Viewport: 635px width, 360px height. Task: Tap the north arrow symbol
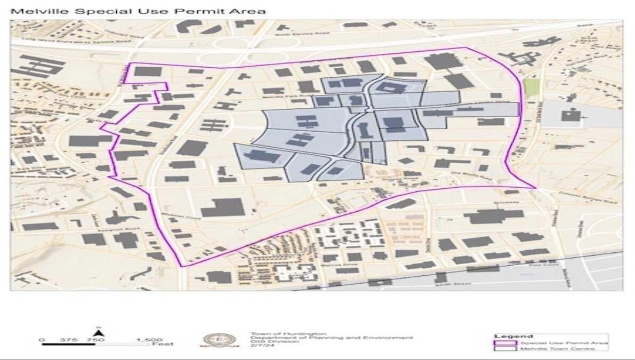[x=103, y=333]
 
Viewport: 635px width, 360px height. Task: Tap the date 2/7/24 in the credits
[x=257, y=346]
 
